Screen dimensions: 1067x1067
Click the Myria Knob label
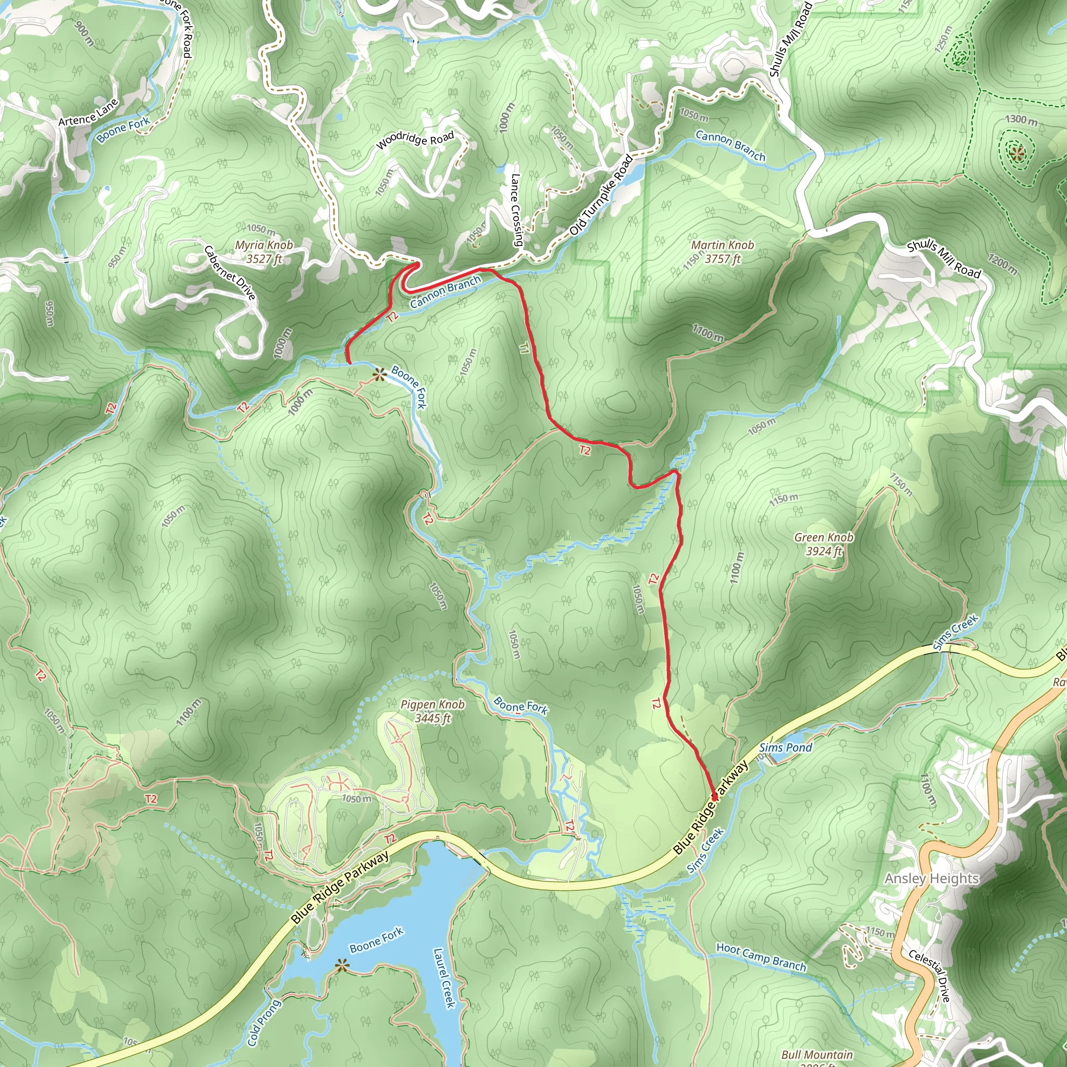point(264,252)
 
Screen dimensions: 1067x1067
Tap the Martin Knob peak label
point(723,252)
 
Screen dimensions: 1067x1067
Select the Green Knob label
point(824,544)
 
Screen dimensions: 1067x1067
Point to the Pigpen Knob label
point(432,711)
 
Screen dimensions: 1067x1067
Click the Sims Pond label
point(785,748)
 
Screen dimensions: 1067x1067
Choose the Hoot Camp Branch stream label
point(761,957)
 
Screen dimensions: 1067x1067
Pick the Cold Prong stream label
point(264,1022)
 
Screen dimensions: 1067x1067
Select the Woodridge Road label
point(415,140)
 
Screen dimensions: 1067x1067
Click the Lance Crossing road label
point(516,210)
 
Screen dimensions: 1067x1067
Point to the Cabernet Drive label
point(230,273)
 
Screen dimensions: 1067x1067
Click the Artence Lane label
point(89,112)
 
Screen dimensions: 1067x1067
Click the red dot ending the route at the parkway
point(715,797)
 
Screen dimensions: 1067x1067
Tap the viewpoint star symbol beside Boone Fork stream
point(379,376)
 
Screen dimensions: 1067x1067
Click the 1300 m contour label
point(1021,119)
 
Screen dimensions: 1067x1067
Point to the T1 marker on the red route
point(524,348)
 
